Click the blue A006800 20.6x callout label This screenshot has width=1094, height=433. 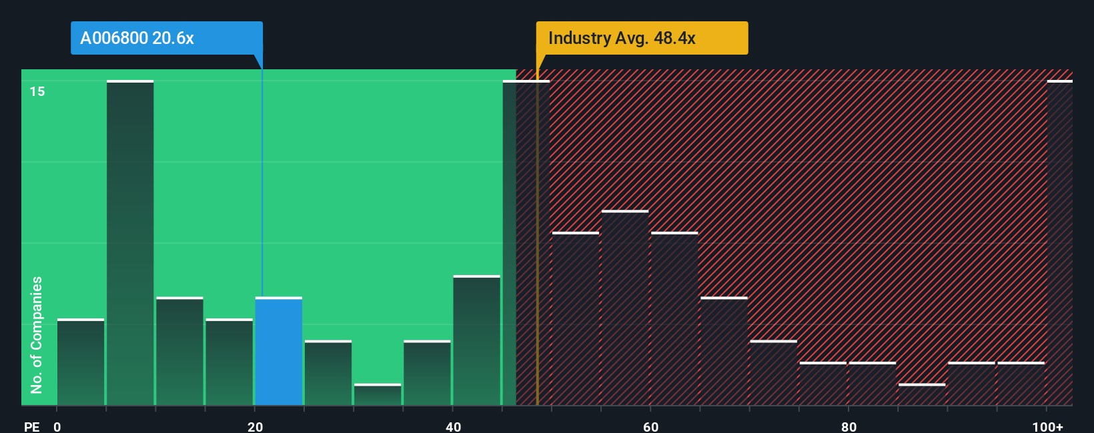click(x=166, y=38)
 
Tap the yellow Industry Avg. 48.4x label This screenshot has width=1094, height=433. click(x=641, y=38)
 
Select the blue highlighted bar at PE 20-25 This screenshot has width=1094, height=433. click(x=278, y=351)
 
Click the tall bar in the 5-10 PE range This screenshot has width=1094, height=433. click(x=130, y=242)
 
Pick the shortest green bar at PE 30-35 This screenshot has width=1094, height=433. click(x=378, y=394)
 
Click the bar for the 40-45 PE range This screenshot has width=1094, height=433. click(x=476, y=340)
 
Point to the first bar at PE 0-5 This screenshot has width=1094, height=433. click(x=81, y=362)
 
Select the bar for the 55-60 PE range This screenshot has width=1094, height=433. click(x=625, y=308)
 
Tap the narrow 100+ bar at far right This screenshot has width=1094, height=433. click(x=1059, y=242)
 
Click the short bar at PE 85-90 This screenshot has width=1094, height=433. click(x=922, y=394)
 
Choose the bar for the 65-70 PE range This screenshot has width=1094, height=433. click(x=724, y=351)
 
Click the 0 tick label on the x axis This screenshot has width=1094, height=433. click(x=57, y=426)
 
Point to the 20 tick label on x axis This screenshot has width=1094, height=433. click(x=255, y=426)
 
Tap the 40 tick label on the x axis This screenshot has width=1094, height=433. click(x=453, y=426)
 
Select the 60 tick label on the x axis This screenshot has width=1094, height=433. click(x=651, y=426)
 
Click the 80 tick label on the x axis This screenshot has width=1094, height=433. click(x=849, y=426)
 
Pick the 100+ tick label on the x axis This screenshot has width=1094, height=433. click(x=1047, y=426)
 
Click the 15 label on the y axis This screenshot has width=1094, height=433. click(x=37, y=91)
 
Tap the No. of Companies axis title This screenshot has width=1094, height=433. click(x=37, y=334)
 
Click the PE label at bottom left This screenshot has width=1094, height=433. click(x=31, y=426)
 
